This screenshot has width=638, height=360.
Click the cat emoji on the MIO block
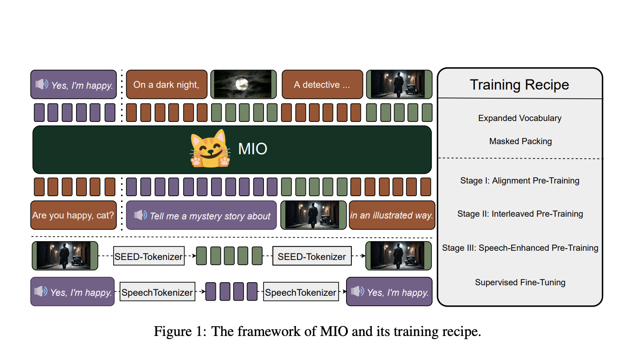tap(210, 149)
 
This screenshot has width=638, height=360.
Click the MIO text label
tap(253, 149)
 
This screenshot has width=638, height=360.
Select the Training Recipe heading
tap(519, 84)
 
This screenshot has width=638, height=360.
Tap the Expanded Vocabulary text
tap(520, 118)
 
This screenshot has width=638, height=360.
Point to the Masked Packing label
tap(520, 141)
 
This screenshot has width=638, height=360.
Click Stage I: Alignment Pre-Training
tap(520, 180)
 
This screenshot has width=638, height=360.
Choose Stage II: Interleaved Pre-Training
tap(520, 214)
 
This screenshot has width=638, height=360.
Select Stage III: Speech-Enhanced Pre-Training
tap(520, 248)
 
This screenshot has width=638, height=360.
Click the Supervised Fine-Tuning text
tap(520, 282)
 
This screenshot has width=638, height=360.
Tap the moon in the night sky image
tap(241, 84)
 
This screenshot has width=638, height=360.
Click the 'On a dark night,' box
tap(166, 84)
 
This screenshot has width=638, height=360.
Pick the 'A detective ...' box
tap(322, 84)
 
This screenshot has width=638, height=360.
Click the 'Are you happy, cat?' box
tap(73, 215)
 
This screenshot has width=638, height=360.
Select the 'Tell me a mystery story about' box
tap(201, 215)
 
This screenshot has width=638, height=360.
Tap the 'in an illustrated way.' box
tap(392, 215)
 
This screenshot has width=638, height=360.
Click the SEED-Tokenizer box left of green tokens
tap(149, 256)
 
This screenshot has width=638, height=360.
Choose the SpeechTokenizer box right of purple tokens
tap(301, 292)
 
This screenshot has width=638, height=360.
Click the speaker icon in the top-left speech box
tap(42, 84)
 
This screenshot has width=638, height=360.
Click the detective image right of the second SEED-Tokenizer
tap(398, 256)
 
